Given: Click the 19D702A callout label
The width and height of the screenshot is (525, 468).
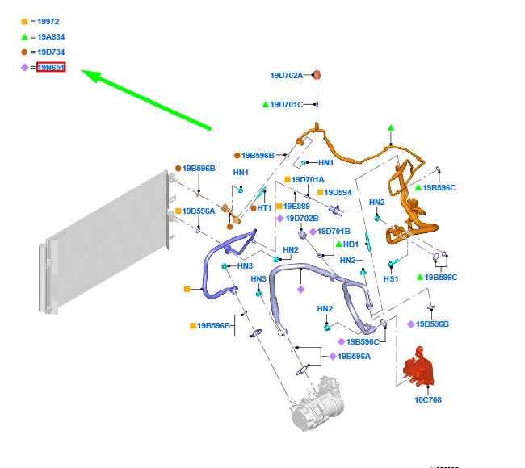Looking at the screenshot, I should pos(287,76).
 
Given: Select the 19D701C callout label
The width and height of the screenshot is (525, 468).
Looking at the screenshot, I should pos(287,105).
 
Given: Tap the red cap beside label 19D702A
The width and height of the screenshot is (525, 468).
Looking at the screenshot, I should pos(317,75).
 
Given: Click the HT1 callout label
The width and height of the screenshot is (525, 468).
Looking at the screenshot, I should pos(264,208).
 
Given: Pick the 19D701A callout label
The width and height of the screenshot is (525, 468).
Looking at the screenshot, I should pos(308,180).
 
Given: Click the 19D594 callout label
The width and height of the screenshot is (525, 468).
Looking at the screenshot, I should pos(338,193).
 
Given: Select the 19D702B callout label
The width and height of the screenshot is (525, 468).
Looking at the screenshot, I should pos(302,219).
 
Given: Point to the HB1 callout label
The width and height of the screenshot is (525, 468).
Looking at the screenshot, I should pos(351,244).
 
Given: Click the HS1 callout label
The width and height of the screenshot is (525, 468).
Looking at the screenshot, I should pos(391,279).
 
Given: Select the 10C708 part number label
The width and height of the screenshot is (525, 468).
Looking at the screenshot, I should pos(428,399).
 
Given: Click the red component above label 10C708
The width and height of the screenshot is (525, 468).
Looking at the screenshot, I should pos(420,368).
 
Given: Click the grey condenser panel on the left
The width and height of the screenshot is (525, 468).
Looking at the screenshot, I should pos(105,218).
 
